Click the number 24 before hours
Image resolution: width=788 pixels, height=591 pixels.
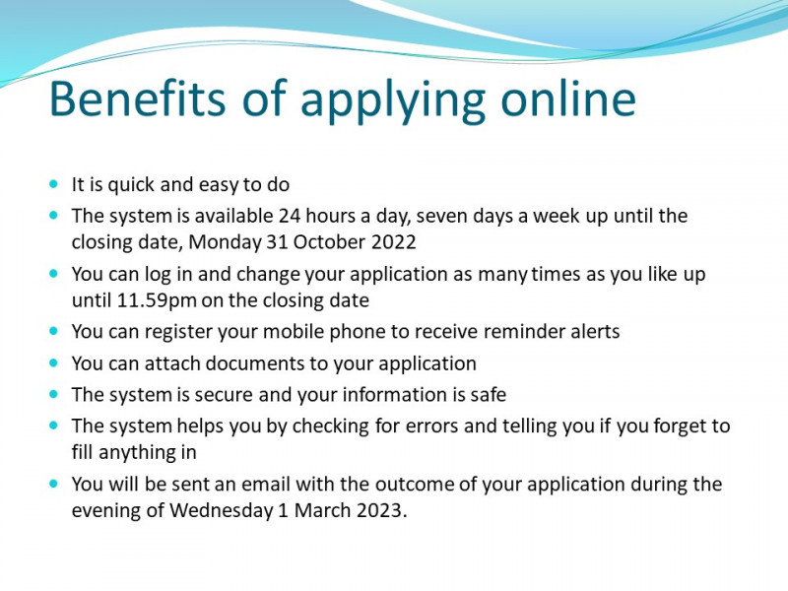coord(290,216)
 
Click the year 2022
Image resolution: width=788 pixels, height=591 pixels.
coord(393,242)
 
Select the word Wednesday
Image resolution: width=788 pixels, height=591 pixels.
coord(221,510)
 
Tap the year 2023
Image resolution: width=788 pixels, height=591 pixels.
coord(381,510)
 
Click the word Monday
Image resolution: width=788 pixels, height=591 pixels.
coord(225,242)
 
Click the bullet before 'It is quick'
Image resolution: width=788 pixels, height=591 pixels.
coord(54,184)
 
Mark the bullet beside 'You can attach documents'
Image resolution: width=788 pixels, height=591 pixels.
coord(54,362)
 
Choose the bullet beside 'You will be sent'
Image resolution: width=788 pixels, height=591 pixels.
coord(54,484)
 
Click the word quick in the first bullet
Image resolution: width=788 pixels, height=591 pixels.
coord(131,185)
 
